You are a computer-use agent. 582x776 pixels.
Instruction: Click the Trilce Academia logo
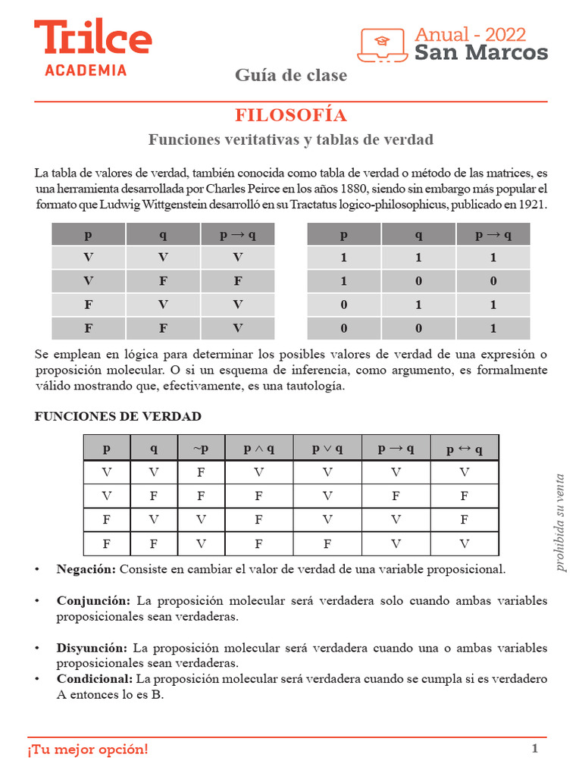coord(92,46)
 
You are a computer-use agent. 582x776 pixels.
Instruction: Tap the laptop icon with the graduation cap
coord(383,45)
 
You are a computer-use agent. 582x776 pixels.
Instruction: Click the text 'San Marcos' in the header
coord(480,52)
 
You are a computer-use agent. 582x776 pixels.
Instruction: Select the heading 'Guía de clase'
coord(291,75)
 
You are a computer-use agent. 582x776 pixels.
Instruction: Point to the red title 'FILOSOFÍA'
coord(291,115)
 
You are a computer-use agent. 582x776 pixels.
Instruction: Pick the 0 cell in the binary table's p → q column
coord(493,281)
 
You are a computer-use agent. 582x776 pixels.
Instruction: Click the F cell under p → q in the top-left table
coord(238,281)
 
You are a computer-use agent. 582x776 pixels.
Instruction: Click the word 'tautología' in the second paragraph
coord(315,386)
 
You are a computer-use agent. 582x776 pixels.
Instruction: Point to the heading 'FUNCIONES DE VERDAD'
coord(118,416)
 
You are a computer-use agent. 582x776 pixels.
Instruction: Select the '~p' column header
coord(200,449)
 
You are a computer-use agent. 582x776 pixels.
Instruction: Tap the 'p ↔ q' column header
coord(464,449)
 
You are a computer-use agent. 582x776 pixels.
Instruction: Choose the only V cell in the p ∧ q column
coord(258,472)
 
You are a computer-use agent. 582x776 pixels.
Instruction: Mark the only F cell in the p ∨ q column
coord(327,544)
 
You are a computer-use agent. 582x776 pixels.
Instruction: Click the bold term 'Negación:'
coord(86,568)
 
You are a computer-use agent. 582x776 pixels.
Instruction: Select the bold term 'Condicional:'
coord(95,679)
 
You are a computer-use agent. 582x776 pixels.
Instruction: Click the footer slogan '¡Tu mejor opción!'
coord(89,749)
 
